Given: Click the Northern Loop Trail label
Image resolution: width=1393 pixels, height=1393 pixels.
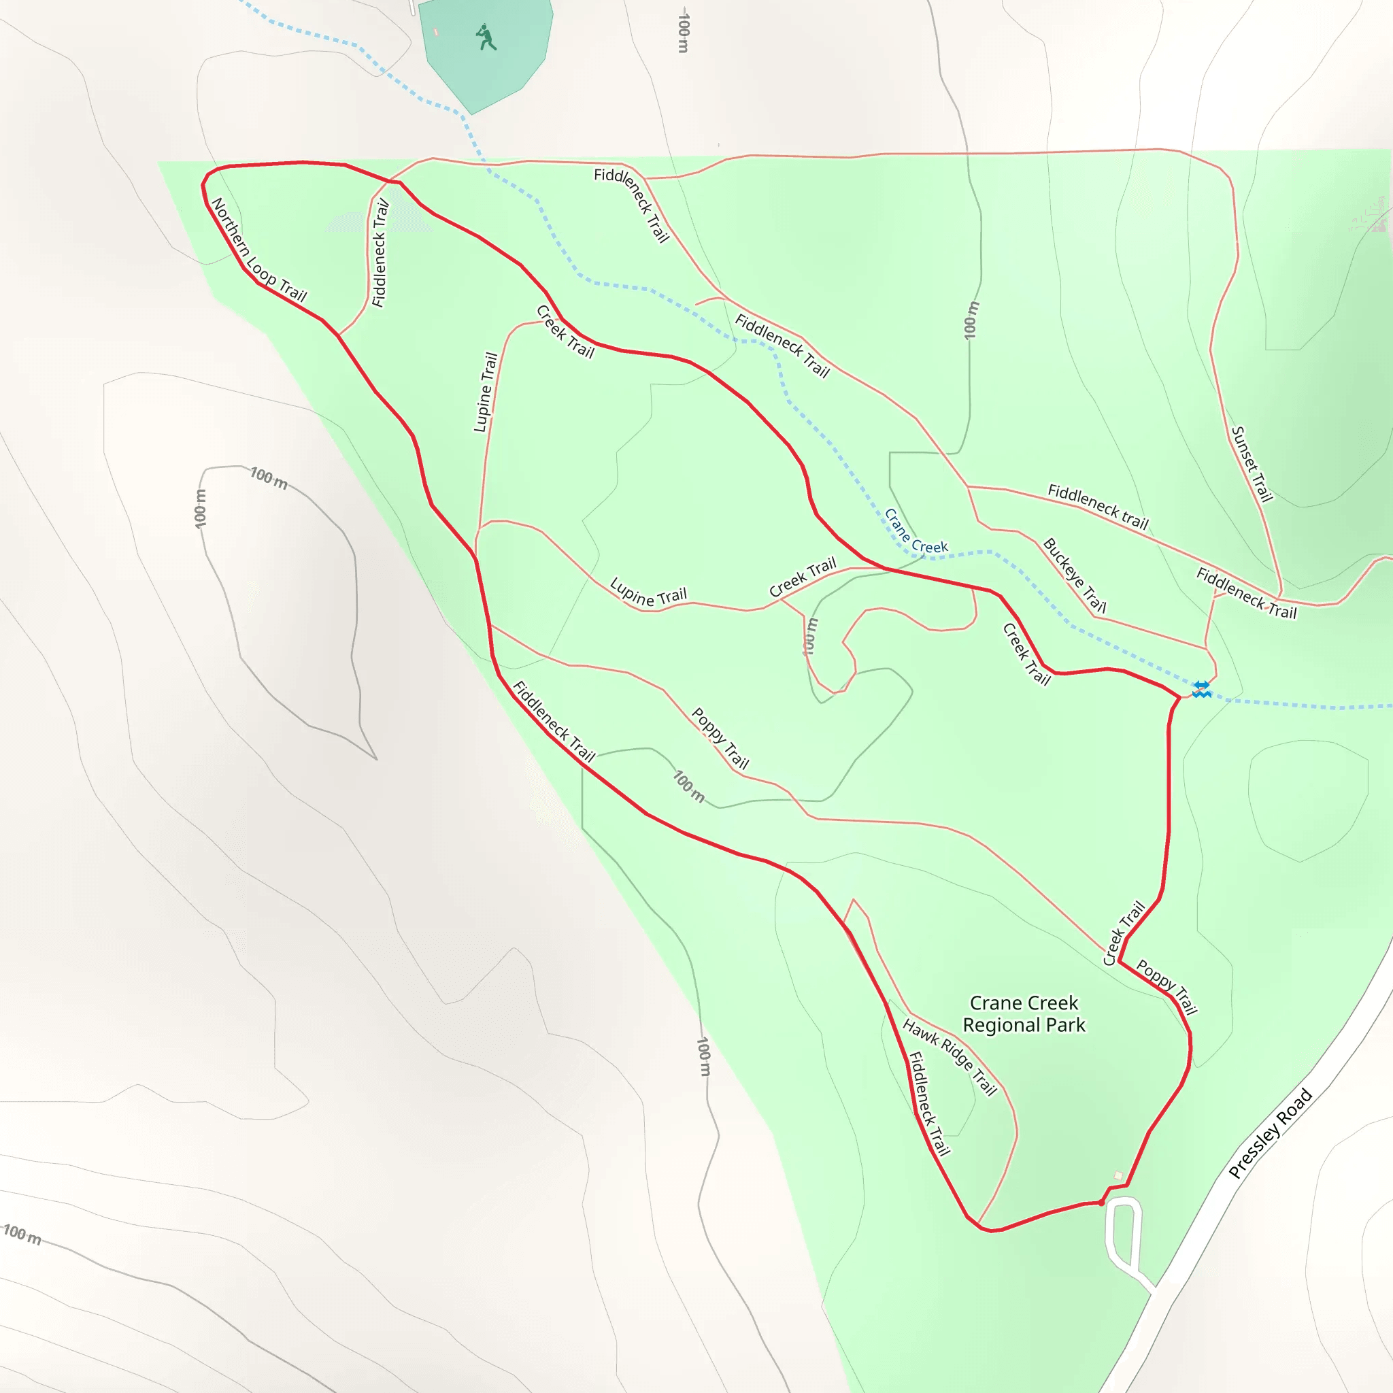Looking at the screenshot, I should click(x=260, y=250).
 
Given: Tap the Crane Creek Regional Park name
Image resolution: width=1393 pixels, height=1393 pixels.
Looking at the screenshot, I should click(x=1024, y=1013).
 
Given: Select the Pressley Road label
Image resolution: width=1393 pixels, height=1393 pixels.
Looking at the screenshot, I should click(x=1270, y=1133).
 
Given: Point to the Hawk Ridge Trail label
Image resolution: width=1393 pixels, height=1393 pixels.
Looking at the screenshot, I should click(x=950, y=1057).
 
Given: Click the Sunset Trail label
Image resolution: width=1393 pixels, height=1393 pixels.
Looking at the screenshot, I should click(x=1252, y=464).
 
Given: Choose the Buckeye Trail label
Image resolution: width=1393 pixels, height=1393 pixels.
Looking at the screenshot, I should click(x=1074, y=575).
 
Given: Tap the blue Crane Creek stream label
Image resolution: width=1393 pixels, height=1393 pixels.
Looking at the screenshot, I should click(x=916, y=531).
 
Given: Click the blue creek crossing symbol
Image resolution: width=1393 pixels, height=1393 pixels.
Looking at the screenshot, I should click(x=1201, y=689).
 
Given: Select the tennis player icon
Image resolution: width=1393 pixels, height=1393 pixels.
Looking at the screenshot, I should click(x=486, y=37).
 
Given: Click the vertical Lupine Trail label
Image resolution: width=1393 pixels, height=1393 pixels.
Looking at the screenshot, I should click(x=485, y=392).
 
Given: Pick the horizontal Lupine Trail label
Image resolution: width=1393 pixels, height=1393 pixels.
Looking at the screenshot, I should click(x=648, y=592).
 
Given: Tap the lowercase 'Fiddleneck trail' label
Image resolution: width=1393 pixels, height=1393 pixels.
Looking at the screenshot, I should click(x=1097, y=506).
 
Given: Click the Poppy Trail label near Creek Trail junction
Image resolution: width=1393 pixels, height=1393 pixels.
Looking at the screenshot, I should click(x=1167, y=986).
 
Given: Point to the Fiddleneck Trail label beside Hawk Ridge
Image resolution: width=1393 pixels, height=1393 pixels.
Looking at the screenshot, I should click(x=928, y=1103).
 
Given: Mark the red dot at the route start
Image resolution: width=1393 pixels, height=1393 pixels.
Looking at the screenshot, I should click(x=1101, y=1203).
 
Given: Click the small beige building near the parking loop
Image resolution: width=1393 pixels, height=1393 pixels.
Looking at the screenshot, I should click(x=1118, y=1176).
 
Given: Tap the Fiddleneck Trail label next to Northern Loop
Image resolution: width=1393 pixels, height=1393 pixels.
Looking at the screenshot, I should click(x=380, y=253).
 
